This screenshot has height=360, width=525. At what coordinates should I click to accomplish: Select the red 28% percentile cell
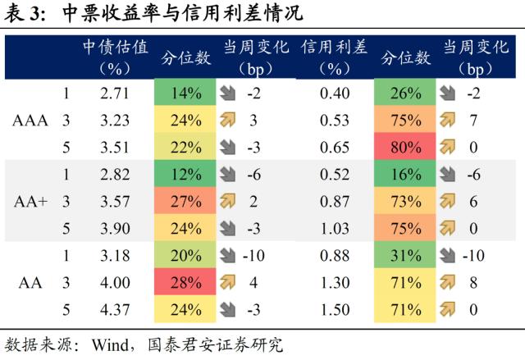click(x=187, y=283)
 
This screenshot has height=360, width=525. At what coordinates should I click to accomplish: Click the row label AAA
click(x=30, y=121)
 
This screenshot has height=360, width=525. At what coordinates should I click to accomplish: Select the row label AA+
click(x=30, y=202)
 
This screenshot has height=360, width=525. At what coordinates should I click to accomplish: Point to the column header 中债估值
click(x=115, y=47)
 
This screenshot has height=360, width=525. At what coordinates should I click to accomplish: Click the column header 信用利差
click(x=333, y=47)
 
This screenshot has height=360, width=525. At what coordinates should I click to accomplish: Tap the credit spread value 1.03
click(x=334, y=228)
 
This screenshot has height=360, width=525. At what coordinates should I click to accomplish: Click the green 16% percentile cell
click(x=406, y=175)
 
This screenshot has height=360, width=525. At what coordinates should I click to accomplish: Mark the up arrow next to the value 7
click(x=448, y=121)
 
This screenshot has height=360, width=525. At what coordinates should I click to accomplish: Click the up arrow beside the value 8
click(x=448, y=283)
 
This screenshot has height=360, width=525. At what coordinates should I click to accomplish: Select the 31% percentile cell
click(x=406, y=256)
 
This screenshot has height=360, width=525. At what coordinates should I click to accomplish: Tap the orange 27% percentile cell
click(x=187, y=202)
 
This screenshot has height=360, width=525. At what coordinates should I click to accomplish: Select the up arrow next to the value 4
click(x=228, y=283)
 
